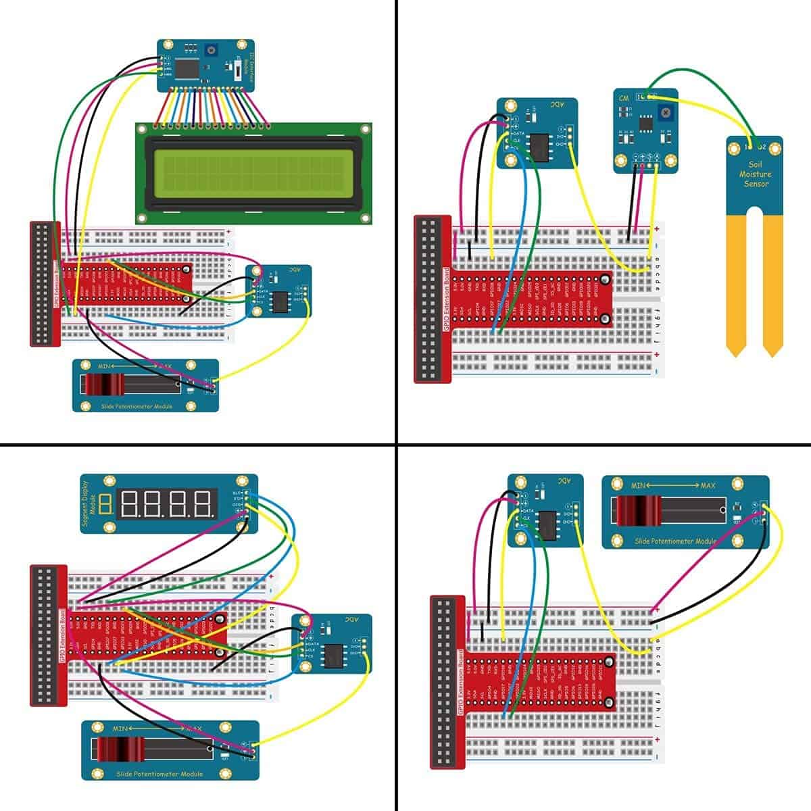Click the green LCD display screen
(253, 173)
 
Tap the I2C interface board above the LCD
(206, 66)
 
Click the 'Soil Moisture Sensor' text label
(756, 174)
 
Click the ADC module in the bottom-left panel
(332, 643)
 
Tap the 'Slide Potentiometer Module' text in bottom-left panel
(159, 774)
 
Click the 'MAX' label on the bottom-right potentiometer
(708, 486)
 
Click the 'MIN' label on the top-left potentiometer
(105, 366)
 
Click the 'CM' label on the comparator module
(624, 99)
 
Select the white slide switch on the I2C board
(239, 70)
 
